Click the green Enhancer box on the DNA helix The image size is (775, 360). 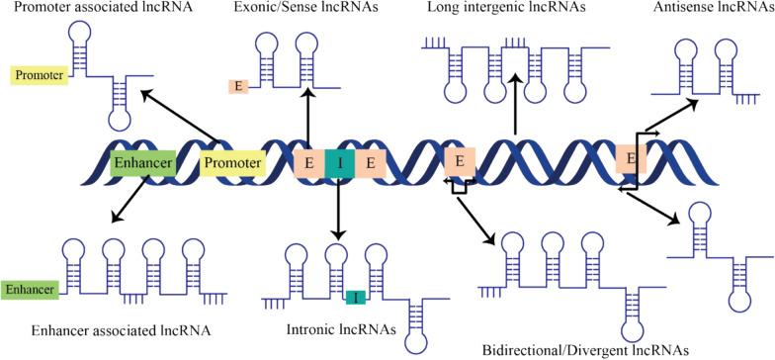142,163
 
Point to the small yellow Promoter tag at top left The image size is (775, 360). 39,74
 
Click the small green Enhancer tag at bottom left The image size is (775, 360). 30,289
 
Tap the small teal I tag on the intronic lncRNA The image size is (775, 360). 357,298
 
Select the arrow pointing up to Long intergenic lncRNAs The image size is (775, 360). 514,105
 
